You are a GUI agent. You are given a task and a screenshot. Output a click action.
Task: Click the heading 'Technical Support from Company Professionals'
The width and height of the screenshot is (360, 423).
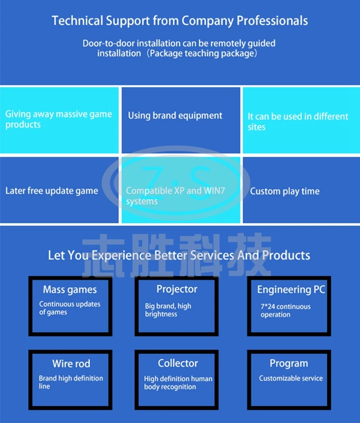[x=180, y=21]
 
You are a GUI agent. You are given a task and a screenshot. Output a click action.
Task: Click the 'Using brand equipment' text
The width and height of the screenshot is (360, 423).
[x=175, y=115]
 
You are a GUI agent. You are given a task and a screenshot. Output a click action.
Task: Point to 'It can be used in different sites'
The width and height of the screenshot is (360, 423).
[x=298, y=121]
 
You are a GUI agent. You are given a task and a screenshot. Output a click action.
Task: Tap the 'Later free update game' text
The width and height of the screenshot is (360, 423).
[x=52, y=191]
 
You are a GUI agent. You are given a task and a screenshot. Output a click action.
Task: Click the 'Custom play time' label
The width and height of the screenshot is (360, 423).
[x=284, y=191]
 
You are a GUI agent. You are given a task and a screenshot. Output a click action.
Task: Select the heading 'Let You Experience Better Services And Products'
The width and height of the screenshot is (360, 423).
[x=179, y=255]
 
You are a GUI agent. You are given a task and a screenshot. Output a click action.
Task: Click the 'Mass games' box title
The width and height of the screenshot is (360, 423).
[x=70, y=290]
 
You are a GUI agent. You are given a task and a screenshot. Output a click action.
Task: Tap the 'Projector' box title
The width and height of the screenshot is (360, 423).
[x=177, y=289]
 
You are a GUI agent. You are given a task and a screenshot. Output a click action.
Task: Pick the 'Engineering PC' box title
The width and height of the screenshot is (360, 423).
[x=291, y=290]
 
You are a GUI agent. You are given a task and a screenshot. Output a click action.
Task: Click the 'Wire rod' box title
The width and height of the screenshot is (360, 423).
[x=71, y=364]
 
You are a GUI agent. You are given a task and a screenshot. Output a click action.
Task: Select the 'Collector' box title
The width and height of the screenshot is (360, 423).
[x=178, y=363]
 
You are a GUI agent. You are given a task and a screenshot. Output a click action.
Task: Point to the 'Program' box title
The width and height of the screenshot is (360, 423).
[x=289, y=363]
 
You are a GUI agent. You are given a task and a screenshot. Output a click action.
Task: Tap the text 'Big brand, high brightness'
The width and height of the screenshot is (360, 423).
[x=168, y=310]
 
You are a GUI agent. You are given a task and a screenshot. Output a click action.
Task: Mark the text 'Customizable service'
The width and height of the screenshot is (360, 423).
[x=290, y=378]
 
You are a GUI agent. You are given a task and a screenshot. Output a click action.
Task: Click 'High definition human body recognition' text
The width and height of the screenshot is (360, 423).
[x=178, y=383]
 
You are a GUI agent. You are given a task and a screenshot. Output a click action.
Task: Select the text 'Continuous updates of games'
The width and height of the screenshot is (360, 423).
[x=70, y=308]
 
